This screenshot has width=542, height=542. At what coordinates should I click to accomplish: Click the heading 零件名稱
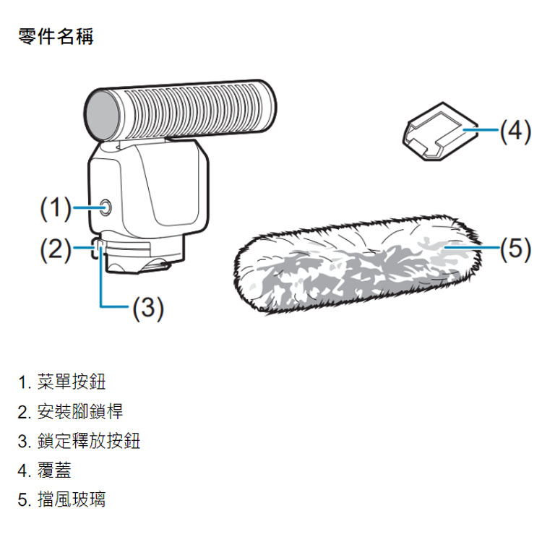pos(56,37)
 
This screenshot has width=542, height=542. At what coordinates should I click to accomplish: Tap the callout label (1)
pos(53,209)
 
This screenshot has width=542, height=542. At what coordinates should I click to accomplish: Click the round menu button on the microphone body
pos(106,209)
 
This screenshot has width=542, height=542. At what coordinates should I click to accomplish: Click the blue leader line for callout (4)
pos(481,130)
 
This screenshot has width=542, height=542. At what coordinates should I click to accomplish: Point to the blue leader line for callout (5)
pos(473,249)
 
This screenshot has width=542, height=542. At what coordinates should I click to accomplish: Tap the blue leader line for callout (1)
pos(85,209)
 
